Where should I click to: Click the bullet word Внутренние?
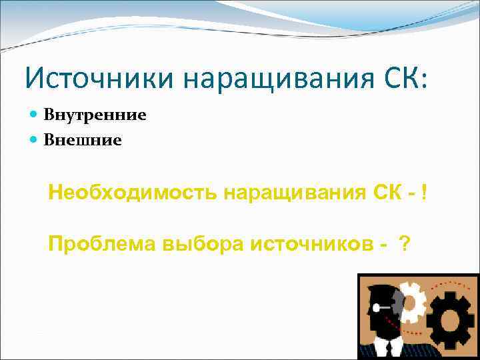[x=95, y=115]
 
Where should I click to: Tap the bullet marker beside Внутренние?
[x=35, y=115]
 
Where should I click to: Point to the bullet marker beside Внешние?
[x=35, y=141]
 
